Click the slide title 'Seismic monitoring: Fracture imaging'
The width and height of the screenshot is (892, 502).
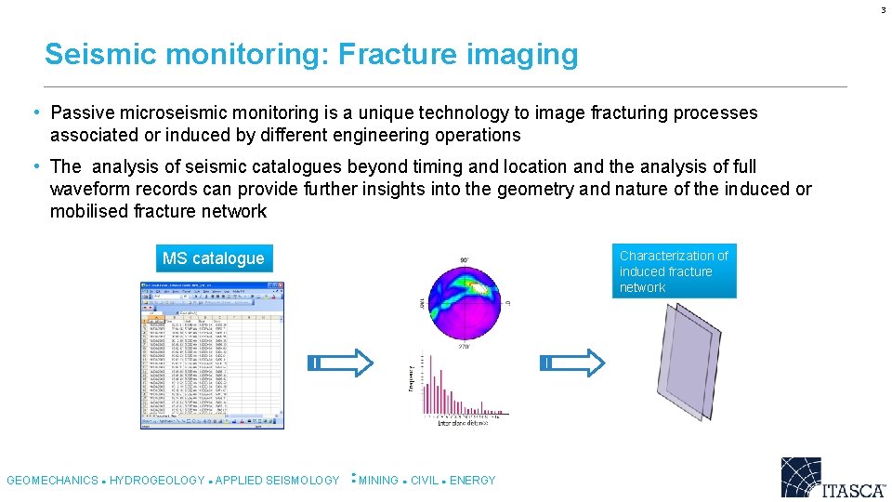tap(310, 55)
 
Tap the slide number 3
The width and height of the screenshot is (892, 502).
tap(884, 10)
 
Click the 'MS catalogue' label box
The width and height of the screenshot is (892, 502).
tap(213, 258)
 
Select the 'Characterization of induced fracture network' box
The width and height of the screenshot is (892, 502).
tap(675, 271)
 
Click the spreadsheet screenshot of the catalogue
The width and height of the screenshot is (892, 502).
tap(212, 355)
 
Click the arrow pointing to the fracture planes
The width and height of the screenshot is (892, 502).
tap(572, 362)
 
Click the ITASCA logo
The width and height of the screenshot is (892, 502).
tap(833, 478)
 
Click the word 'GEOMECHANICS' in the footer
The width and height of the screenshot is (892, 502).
tap(52, 481)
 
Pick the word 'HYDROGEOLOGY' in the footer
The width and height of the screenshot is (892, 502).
tap(157, 481)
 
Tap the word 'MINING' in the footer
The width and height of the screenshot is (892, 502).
tap(378, 481)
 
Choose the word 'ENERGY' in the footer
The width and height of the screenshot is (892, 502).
tap(473, 481)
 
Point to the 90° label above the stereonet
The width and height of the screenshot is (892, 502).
tap(463, 259)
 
